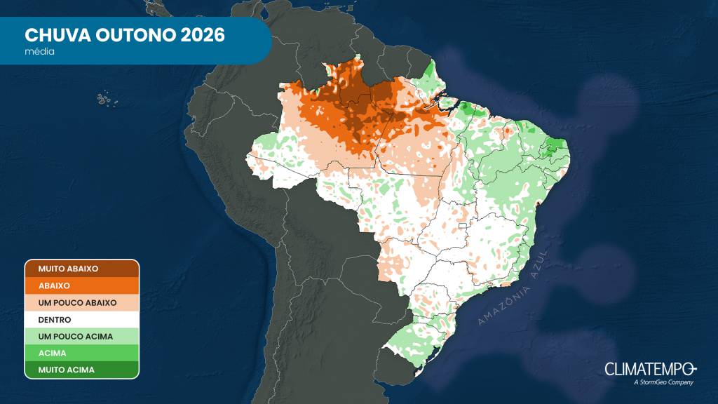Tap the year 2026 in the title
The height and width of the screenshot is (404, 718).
click(202, 35)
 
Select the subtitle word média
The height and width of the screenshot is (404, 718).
click(40, 51)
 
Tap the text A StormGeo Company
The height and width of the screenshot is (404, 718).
click(663, 382)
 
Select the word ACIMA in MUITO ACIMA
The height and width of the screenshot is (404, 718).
click(80, 370)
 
